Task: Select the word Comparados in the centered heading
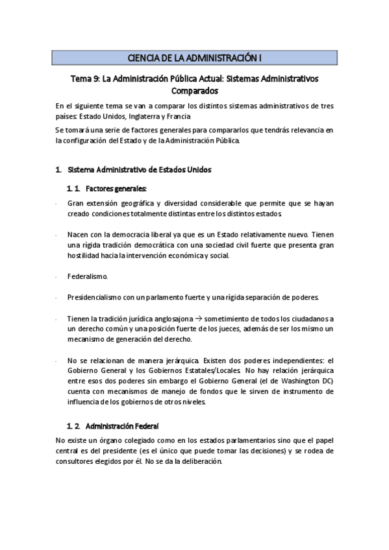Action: tap(194, 91)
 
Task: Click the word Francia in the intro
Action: tap(179, 116)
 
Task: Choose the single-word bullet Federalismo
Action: tap(88, 276)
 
